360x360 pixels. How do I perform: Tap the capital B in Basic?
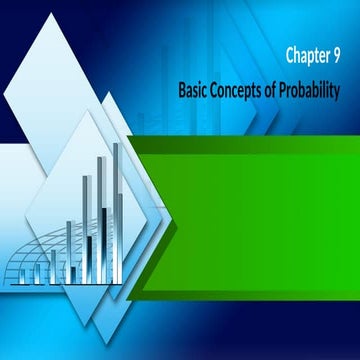(x=182, y=89)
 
